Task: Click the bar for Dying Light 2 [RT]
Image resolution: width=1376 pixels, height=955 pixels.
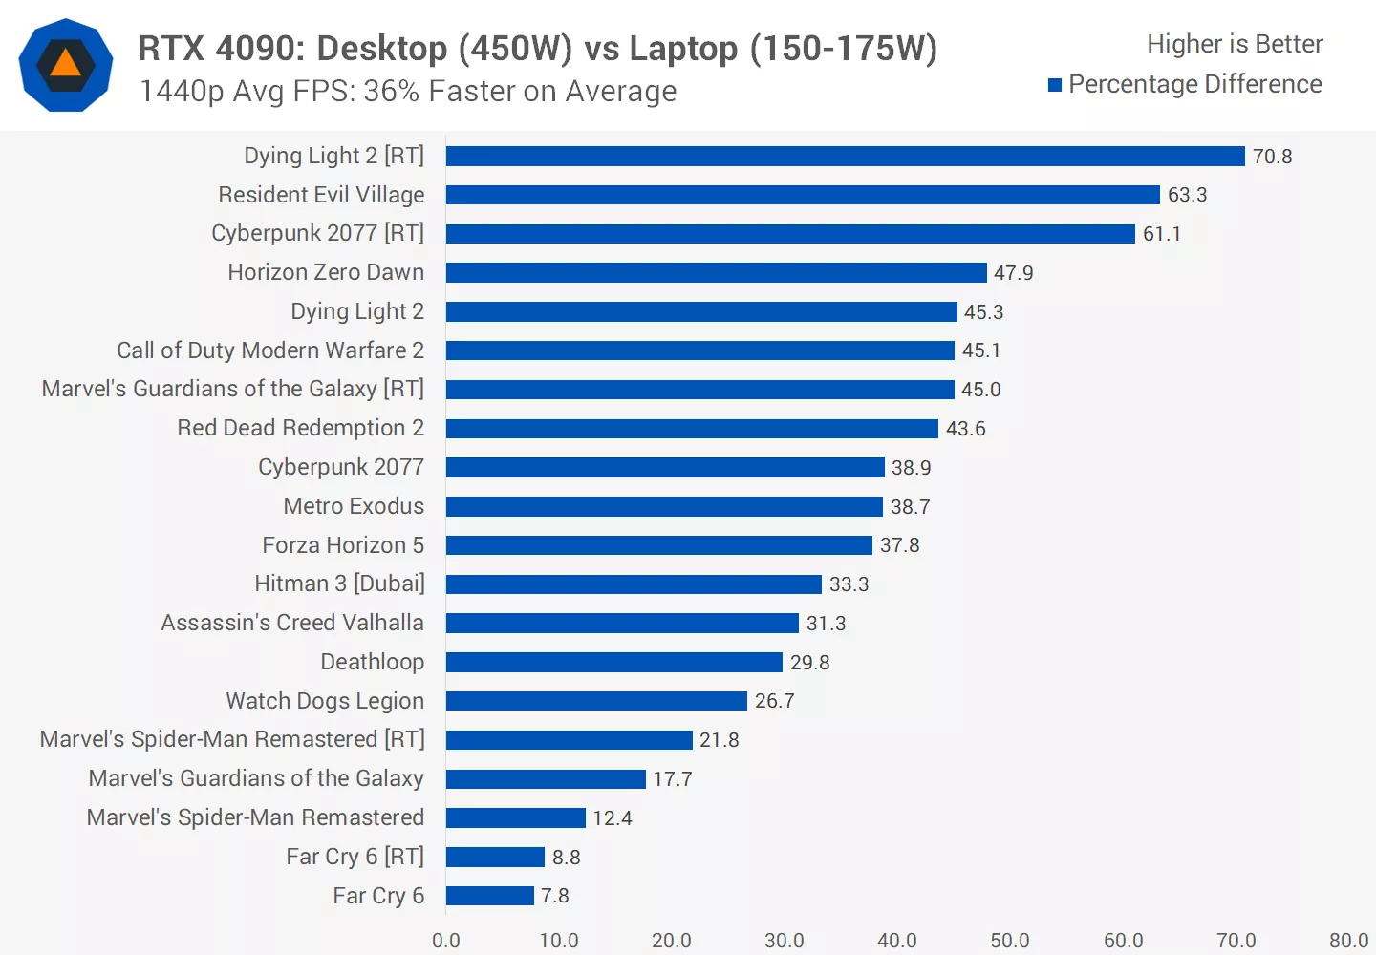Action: pos(845,157)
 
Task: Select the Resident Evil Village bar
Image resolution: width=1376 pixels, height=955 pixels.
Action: pos(803,195)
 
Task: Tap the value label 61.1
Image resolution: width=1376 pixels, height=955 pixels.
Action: pos(1161,234)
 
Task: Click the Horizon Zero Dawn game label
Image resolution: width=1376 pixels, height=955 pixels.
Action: pos(326,272)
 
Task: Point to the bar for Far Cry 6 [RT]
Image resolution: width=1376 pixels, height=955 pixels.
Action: pos(495,858)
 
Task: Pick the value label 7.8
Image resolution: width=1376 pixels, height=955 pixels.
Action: pos(554,896)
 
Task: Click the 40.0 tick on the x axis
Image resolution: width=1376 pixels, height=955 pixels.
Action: pos(896,941)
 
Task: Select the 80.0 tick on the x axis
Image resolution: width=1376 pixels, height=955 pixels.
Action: pos(1348,941)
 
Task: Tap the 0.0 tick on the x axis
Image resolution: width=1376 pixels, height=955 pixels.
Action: pos(446,941)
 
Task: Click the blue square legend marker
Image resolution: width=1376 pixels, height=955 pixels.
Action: pos(1055,85)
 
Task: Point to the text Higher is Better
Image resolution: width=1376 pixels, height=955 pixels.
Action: pos(1235,44)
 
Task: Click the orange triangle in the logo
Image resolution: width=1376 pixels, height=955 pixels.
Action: pos(65,64)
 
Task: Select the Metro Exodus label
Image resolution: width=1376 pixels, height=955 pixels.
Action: pos(354,506)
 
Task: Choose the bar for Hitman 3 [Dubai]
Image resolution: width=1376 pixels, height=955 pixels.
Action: pos(634,584)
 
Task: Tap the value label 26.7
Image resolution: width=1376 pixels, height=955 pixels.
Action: pos(774,701)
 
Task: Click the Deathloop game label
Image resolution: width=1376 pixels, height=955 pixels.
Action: pos(372,662)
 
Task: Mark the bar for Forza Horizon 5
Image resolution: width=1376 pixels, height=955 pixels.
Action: pos(659,545)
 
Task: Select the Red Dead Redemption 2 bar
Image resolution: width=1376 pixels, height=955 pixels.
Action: pos(692,429)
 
